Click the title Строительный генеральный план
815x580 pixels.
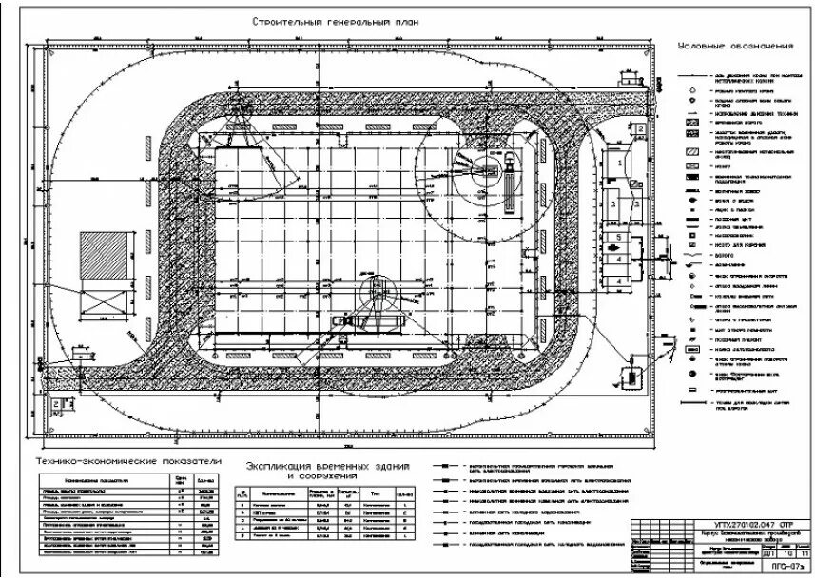tap(335, 22)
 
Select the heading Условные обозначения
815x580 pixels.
tap(735, 47)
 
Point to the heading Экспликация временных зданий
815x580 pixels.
tap(328, 466)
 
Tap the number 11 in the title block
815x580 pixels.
tap(805, 551)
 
